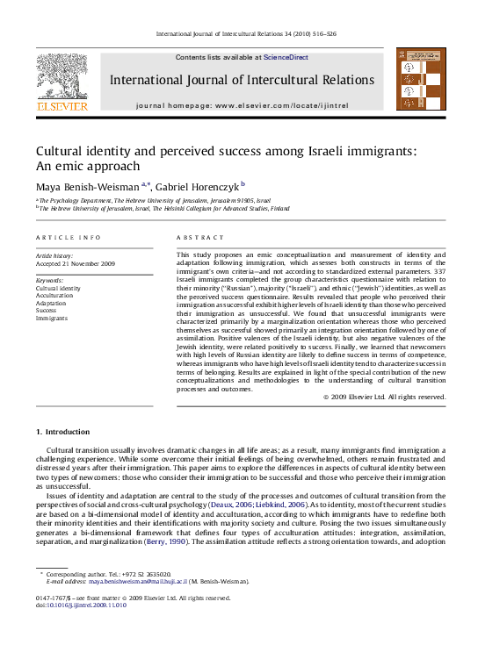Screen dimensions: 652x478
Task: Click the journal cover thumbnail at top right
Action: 420,79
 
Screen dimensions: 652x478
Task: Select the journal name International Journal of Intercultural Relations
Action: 242,80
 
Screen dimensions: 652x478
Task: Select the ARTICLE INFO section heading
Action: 68,238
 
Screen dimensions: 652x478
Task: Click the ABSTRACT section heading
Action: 195,238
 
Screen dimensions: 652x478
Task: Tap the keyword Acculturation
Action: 54,296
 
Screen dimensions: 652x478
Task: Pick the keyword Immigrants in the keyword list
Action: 52,317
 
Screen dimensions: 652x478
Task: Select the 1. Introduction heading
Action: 62,432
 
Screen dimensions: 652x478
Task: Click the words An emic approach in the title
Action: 87,165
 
